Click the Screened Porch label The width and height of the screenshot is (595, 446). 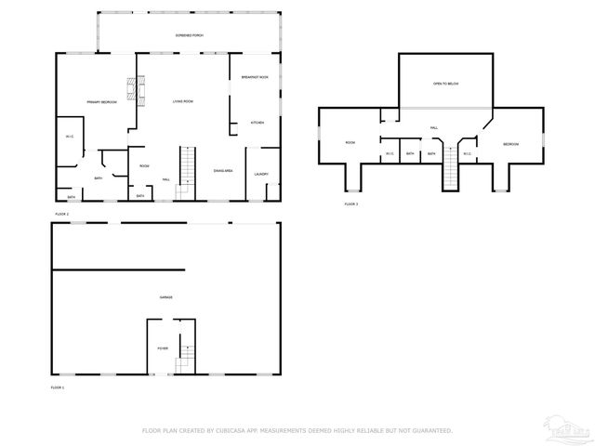tap(190, 35)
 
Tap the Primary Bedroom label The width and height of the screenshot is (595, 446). tap(101, 101)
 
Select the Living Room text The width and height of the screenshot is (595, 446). tap(182, 101)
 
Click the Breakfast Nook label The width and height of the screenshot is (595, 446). tap(255, 77)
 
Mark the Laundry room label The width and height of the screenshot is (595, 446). tap(261, 174)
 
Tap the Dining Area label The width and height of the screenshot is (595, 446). tap(223, 171)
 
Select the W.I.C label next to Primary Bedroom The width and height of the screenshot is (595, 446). tap(69, 138)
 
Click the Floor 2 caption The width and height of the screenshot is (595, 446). tap(62, 214)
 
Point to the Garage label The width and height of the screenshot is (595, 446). tap(165, 297)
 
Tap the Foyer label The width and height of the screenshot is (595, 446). tap(162, 348)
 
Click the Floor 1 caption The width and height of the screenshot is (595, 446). tap(58, 387)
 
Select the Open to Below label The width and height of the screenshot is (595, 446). tap(445, 84)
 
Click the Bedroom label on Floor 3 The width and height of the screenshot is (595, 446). tap(511, 144)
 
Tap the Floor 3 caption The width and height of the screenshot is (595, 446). tap(350, 203)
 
